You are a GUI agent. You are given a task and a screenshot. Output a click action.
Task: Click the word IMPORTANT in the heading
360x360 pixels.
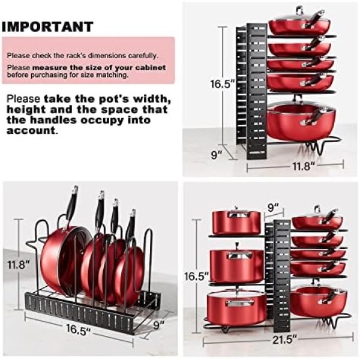point(47,26)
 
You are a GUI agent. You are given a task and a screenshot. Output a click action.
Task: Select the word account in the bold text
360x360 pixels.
point(31,130)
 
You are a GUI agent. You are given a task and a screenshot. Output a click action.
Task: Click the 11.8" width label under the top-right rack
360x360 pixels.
point(303,166)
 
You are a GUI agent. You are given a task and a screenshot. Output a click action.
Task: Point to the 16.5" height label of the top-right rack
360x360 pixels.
point(222,84)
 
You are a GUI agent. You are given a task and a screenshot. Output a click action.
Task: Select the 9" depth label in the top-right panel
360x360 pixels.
point(217,155)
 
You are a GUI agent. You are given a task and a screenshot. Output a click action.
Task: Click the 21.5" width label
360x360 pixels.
point(284,340)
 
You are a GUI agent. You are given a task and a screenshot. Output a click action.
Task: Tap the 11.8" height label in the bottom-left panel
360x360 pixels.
point(19,265)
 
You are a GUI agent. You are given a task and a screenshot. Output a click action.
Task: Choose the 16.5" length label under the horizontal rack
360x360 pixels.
point(78,331)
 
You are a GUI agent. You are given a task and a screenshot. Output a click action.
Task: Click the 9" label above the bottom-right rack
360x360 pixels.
point(273,208)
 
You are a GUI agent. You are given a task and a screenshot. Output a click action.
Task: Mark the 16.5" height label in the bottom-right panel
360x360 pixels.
point(197,276)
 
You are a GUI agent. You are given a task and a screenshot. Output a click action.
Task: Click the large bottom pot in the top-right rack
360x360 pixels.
point(301,122)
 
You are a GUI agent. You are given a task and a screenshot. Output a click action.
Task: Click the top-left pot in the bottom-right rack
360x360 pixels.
point(236,222)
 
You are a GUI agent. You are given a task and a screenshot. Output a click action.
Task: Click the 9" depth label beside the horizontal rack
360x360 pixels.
point(158,325)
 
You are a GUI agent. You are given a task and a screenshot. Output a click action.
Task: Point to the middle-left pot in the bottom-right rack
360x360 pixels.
point(237,264)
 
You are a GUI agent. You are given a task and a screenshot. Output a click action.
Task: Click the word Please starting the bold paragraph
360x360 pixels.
point(23,99)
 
